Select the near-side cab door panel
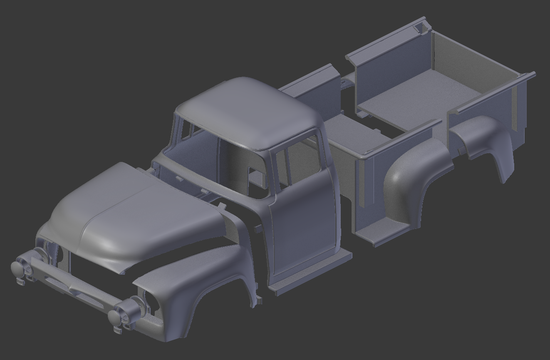point(304,221)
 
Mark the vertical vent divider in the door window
point(285,166)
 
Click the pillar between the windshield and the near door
point(273,175)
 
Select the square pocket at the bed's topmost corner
point(421,28)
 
